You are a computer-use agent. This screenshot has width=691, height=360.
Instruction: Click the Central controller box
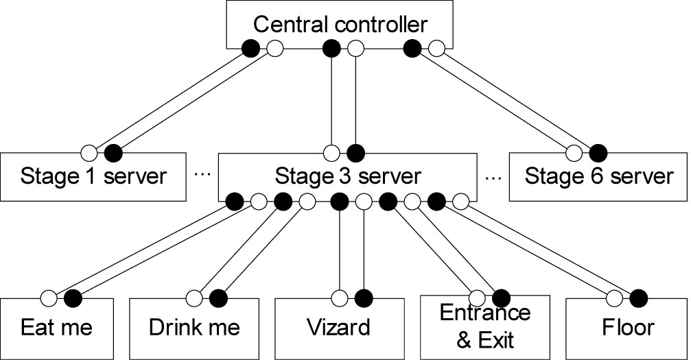tap(340, 24)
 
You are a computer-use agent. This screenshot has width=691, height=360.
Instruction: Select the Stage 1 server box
tap(93, 177)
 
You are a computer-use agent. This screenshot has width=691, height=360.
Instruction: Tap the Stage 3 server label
tap(348, 176)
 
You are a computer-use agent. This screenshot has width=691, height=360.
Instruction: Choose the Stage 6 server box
tap(598, 177)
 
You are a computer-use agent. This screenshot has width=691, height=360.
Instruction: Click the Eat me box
tap(57, 329)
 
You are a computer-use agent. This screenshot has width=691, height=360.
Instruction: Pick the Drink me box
tap(194, 329)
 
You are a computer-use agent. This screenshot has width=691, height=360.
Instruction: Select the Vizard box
tap(340, 329)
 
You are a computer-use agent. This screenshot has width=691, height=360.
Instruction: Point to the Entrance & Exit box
tap(484, 327)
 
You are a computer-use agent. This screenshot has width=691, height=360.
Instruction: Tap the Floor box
tap(626, 329)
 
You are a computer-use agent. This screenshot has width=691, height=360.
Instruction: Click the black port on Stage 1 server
tap(113, 154)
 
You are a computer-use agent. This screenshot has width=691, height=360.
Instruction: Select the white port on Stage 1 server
tap(89, 154)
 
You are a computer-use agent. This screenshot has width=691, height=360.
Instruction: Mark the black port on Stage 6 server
tap(598, 154)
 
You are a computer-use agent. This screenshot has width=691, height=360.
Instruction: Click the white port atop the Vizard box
tap(340, 299)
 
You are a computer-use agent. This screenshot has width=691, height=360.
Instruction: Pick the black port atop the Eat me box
tap(73, 299)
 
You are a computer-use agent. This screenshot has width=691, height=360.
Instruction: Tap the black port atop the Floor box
tap(638, 299)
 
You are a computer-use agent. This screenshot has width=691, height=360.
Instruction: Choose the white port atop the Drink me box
tap(194, 299)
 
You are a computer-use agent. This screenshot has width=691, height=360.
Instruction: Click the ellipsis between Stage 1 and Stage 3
tap(202, 175)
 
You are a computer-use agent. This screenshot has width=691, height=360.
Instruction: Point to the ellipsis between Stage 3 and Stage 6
tap(493, 178)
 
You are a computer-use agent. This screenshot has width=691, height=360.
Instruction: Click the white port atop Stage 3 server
tap(331, 154)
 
